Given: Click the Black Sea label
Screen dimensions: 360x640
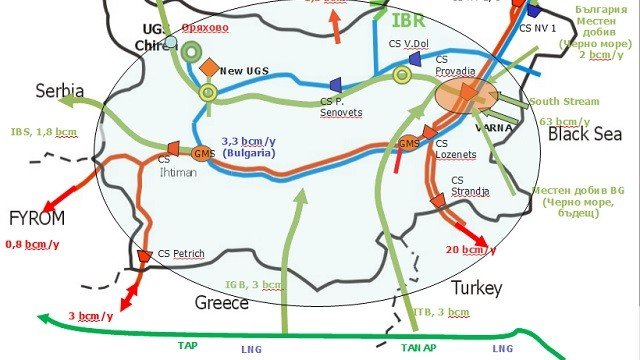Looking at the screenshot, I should [584, 133].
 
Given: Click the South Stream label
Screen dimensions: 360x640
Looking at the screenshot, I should [564, 101].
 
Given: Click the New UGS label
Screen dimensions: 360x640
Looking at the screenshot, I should [245, 71].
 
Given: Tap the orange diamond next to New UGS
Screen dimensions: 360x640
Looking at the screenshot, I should [209, 67].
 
